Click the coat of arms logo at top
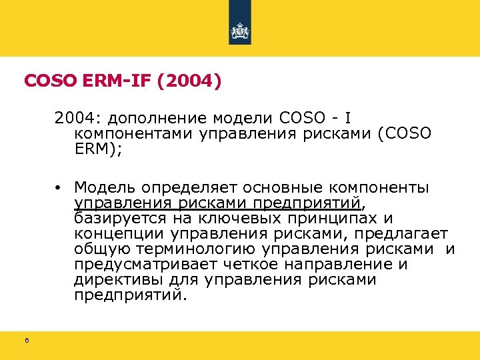[x=240, y=31]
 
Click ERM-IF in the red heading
[x=109, y=81]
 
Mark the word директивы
[x=111, y=279]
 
